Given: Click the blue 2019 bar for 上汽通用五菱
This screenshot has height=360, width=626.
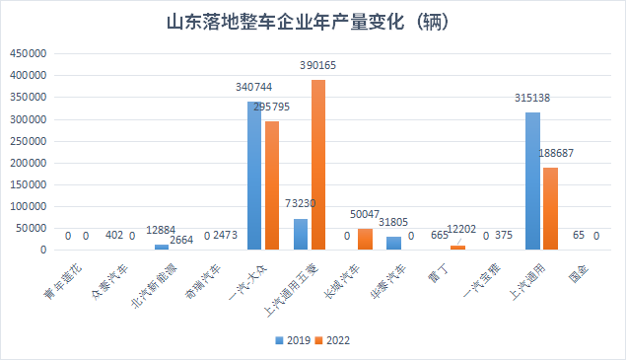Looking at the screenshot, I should coord(301,234).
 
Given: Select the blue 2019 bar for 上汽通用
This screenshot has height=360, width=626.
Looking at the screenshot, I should coord(532,181).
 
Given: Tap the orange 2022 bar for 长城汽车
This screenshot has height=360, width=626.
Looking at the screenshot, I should coord(365,239).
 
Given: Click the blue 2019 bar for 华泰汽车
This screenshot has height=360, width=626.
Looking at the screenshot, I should coord(393,243).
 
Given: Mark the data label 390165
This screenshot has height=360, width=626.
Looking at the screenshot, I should coord(318,66).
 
